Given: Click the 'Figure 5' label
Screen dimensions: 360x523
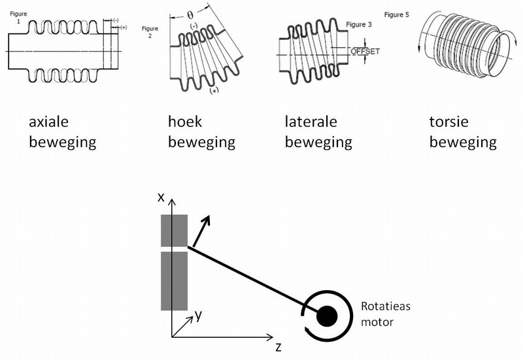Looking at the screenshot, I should (x=396, y=14).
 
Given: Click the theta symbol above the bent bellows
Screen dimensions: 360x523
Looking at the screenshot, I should (x=190, y=13).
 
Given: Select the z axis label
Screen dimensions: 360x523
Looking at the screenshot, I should (x=278, y=347).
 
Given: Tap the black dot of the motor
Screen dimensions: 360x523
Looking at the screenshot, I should (x=326, y=316).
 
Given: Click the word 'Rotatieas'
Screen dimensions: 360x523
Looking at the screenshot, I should (x=386, y=308).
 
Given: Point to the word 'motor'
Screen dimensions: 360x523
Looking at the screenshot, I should (x=377, y=322).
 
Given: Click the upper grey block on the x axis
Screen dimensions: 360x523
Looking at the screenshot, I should (x=174, y=231).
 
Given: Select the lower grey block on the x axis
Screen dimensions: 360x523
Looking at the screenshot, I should (x=174, y=282).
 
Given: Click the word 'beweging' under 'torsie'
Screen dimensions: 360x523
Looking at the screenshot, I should (x=463, y=142).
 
